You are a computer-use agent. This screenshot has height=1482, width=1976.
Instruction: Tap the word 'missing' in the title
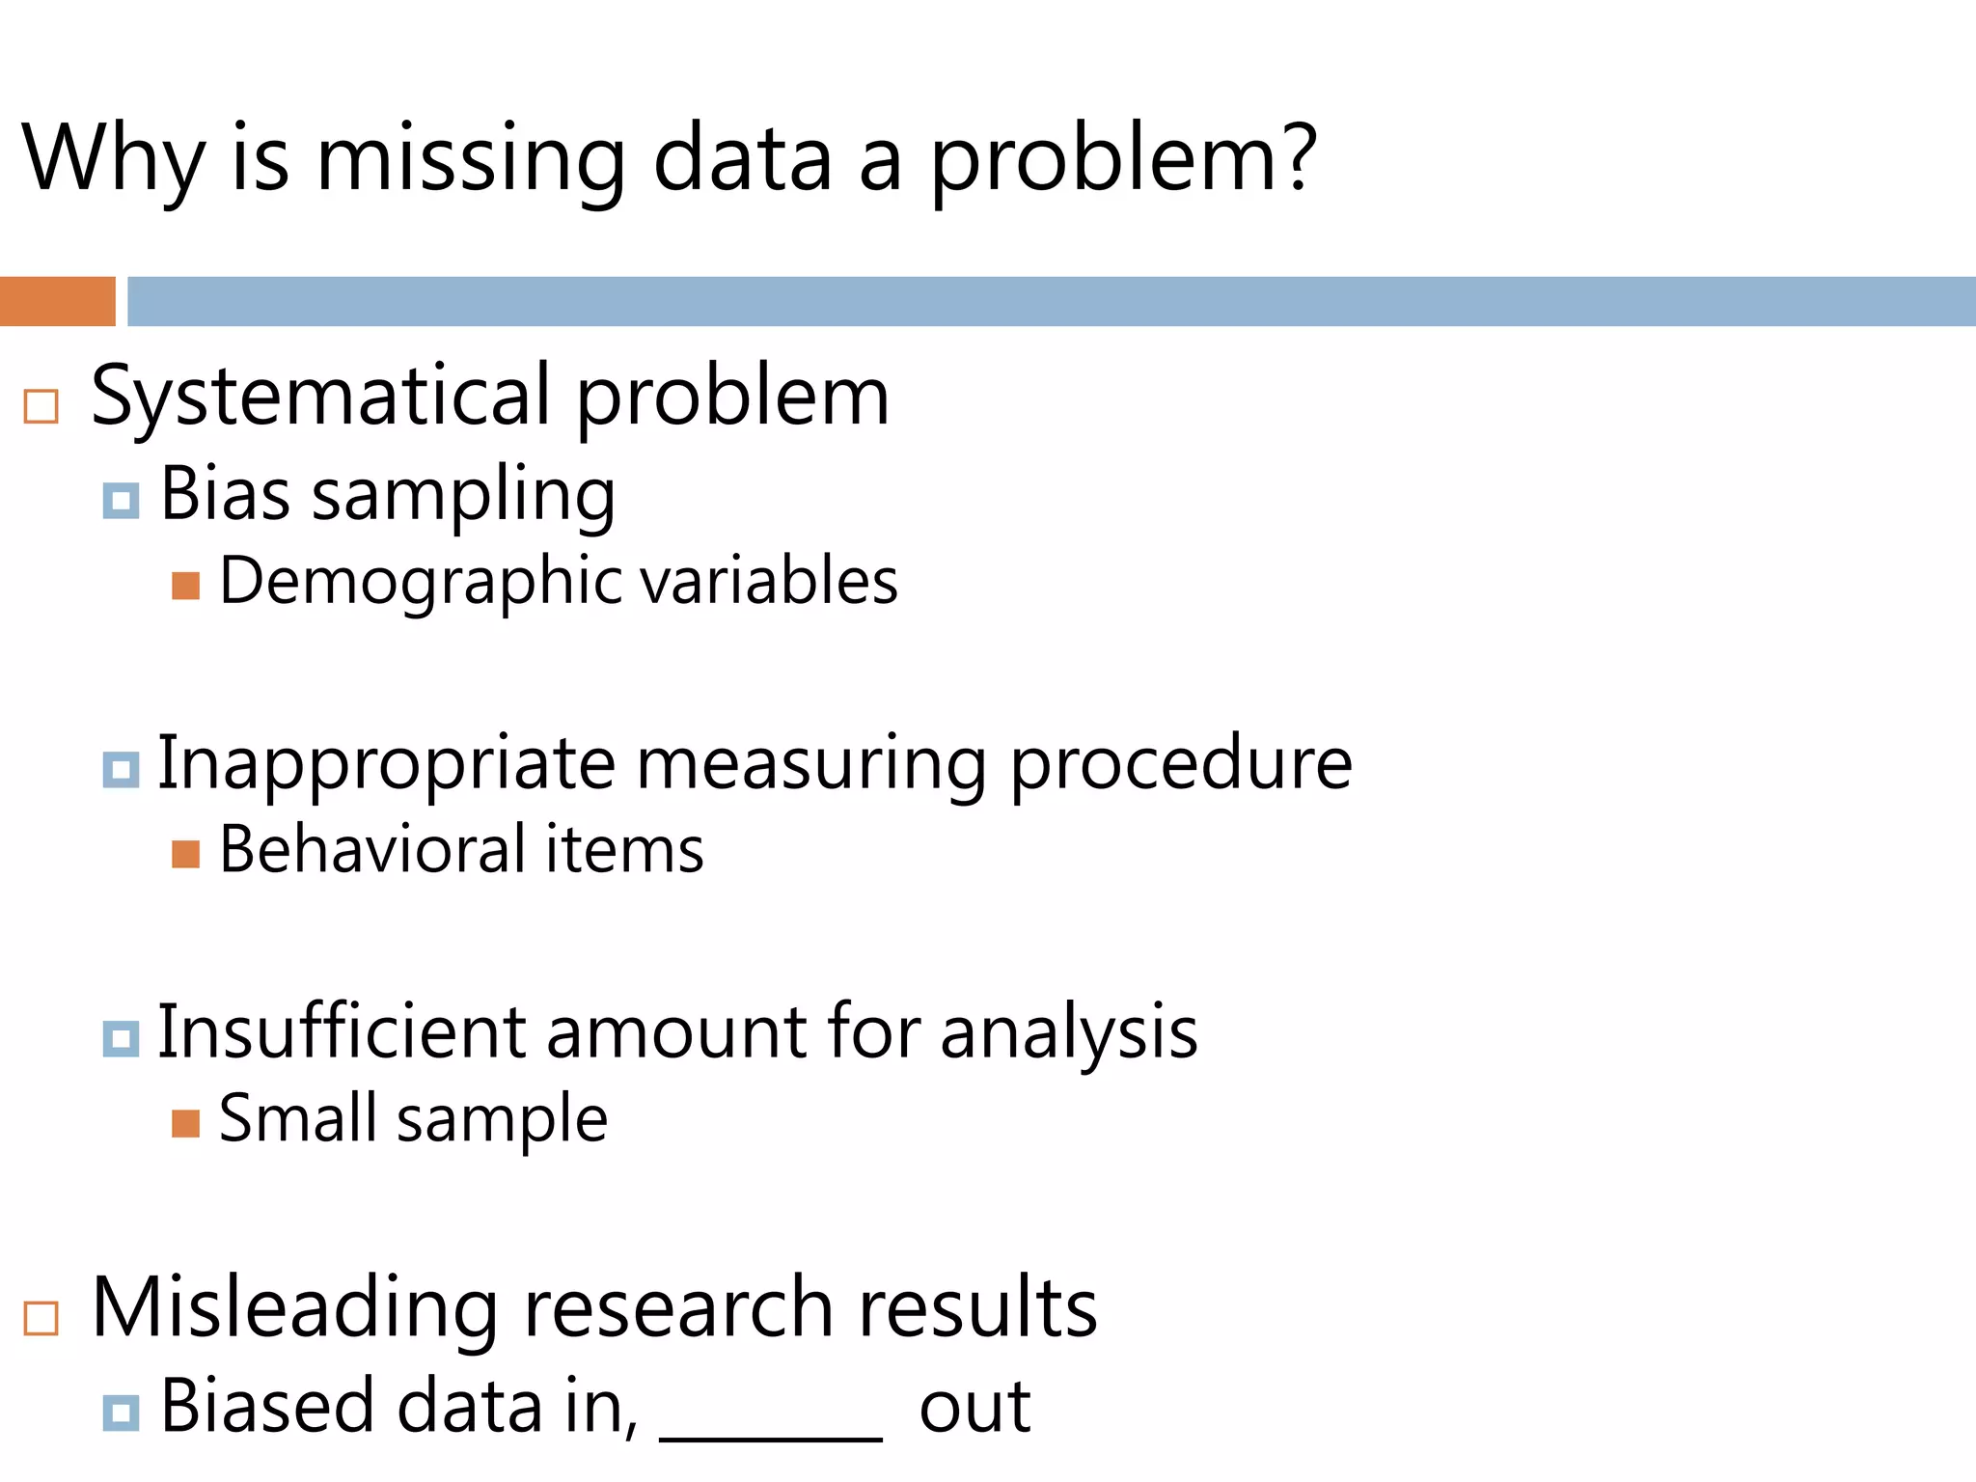[471, 162]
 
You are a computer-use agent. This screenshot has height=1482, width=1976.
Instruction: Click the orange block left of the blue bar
[58, 301]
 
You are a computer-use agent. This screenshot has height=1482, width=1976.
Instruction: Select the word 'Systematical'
[320, 398]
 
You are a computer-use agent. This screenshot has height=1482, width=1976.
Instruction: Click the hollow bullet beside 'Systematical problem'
[41, 406]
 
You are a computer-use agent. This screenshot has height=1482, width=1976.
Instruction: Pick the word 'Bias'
[225, 494]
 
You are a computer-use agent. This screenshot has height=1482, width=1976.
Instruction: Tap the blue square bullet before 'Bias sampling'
[121, 501]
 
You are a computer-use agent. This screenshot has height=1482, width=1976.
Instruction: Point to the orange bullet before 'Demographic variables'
[185, 586]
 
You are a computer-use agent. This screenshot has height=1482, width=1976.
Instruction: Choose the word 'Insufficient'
[342, 1032]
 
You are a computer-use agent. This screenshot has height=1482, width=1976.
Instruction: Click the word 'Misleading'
[295, 1308]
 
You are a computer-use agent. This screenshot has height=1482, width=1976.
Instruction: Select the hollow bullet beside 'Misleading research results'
[41, 1317]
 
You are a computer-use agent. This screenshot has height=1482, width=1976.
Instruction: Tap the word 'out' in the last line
[974, 1409]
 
